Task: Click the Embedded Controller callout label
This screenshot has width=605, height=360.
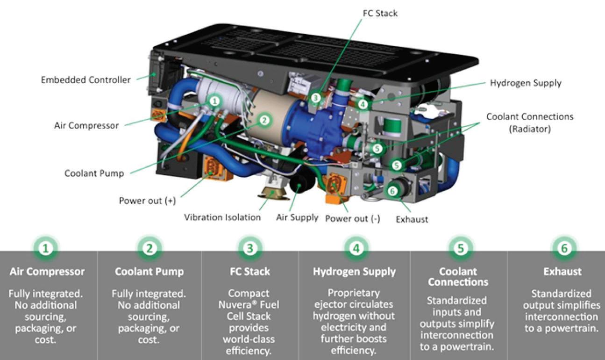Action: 85,80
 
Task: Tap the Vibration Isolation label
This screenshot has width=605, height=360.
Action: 222,217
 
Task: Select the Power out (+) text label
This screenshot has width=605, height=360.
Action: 147,201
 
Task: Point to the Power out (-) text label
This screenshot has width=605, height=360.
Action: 353,218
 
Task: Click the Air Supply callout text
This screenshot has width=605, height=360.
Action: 297,217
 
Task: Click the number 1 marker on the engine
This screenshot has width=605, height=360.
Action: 214,101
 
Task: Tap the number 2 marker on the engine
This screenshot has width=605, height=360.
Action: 264,120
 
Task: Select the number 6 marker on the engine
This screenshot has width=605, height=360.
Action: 392,190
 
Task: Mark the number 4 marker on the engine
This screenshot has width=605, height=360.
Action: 363,105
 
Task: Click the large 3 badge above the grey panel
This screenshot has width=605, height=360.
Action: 250,248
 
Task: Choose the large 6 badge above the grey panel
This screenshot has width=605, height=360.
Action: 564,248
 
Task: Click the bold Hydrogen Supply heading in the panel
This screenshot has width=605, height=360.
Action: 354,272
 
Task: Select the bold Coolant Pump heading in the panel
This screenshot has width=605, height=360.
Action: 149,272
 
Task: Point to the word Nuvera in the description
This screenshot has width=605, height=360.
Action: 243,305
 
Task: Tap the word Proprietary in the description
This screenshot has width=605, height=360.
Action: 354,293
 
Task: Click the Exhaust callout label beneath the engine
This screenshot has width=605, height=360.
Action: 412,219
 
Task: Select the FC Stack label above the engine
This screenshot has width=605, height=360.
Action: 380,13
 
